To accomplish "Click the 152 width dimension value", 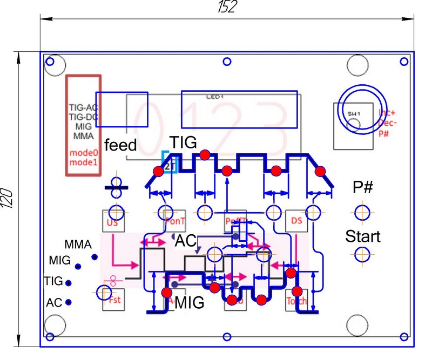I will pyautogui.click(x=227, y=8).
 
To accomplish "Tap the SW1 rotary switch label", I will pyautogui.click(x=354, y=114).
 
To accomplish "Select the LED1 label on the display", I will pyautogui.click(x=215, y=97).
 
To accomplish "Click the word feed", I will pyautogui.click(x=120, y=145).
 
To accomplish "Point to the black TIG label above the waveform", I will pyautogui.click(x=184, y=142).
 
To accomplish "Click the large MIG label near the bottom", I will pyautogui.click(x=190, y=303).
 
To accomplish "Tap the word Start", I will pyautogui.click(x=363, y=236).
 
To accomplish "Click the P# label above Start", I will pyautogui.click(x=363, y=188).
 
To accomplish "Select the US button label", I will pyautogui.click(x=113, y=222).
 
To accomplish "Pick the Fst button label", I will pyautogui.click(x=114, y=301).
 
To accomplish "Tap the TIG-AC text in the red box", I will pyautogui.click(x=83, y=107).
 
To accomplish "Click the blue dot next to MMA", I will pyautogui.click(x=94, y=256).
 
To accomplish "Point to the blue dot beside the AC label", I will pyautogui.click(x=69, y=302).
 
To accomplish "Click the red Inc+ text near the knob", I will pyautogui.click(x=387, y=113).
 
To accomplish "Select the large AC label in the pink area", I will pyautogui.click(x=185, y=242).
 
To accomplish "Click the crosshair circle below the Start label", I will pyautogui.click(x=362, y=253).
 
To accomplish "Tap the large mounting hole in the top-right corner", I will pyautogui.click(x=357, y=66).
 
